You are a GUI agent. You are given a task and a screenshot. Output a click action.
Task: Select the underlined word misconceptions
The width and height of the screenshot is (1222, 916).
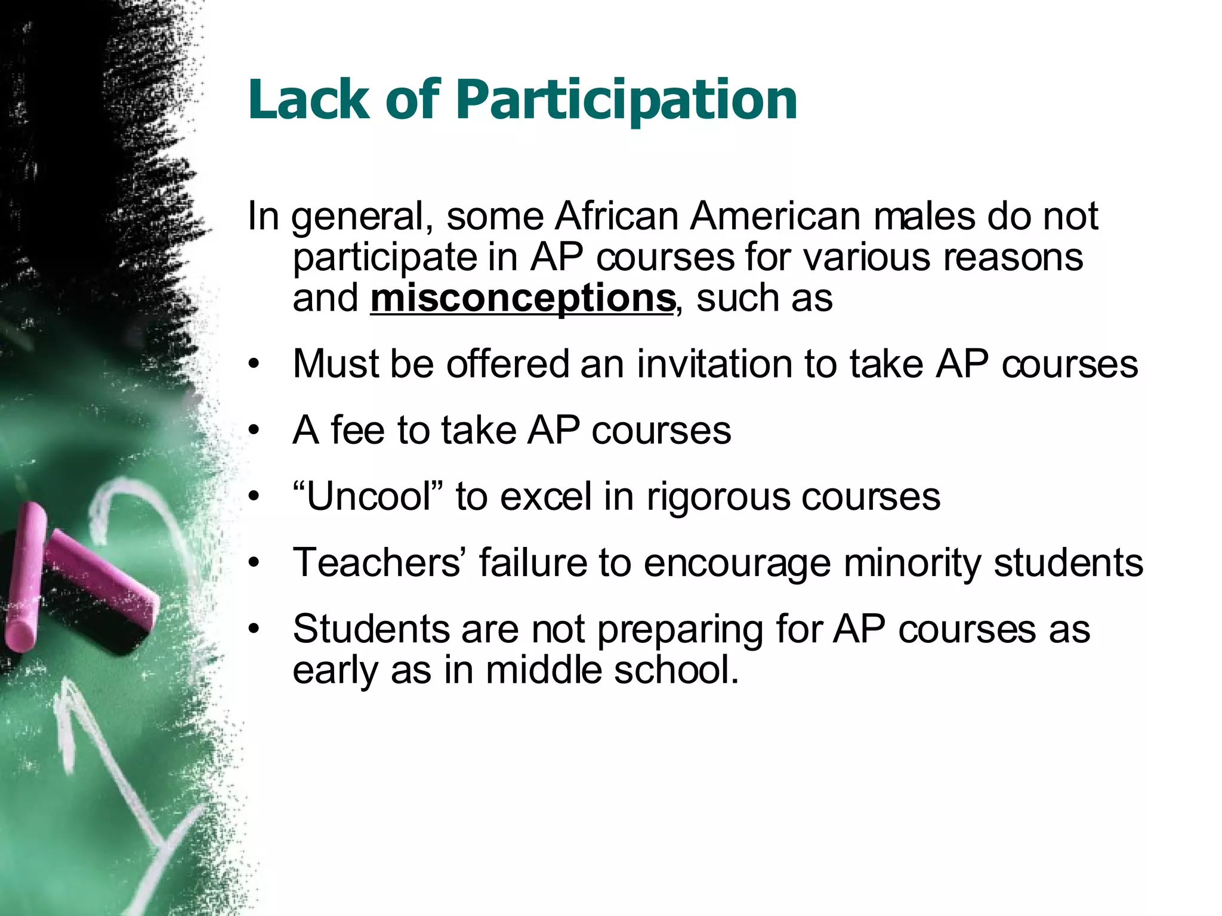523,298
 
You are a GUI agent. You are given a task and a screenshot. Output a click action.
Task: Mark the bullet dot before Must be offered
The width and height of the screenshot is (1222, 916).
255,364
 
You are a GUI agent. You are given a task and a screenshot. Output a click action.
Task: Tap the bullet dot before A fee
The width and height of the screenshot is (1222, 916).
255,431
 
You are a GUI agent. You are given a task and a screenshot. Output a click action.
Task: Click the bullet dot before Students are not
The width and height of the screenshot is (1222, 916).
255,629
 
